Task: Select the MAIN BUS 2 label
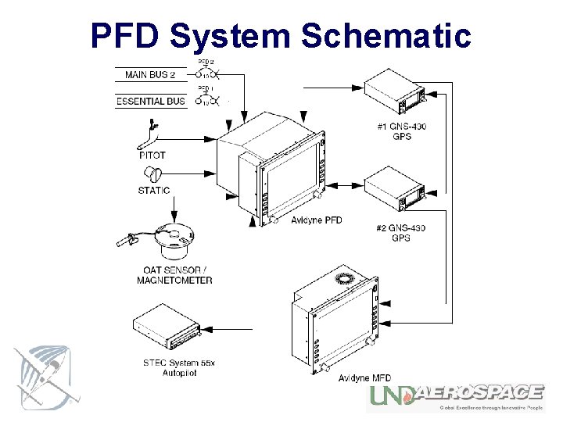click(x=150, y=75)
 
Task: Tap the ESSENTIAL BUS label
click(x=151, y=101)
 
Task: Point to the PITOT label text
click(x=152, y=156)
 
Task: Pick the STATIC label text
click(x=153, y=190)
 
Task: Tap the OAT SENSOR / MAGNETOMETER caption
click(x=174, y=275)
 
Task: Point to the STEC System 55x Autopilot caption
click(x=179, y=368)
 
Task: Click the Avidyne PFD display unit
click(x=274, y=172)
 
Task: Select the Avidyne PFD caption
click(x=316, y=220)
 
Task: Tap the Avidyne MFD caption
click(x=364, y=378)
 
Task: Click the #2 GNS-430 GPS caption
click(x=400, y=233)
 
